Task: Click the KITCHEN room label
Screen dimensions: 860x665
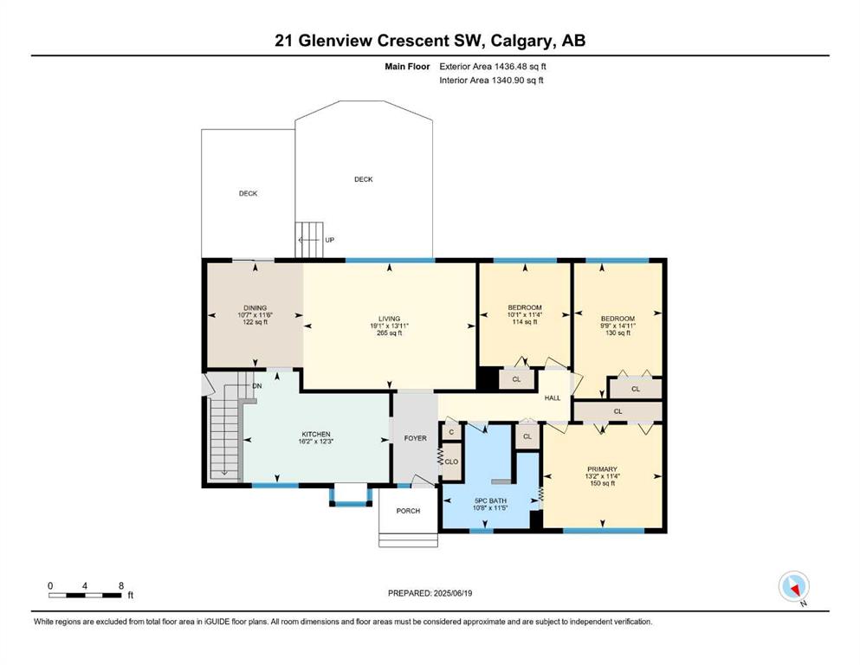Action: (x=316, y=434)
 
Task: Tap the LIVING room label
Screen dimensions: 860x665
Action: (x=390, y=319)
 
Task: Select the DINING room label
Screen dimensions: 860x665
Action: (x=255, y=308)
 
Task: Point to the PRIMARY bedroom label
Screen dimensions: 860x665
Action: (x=602, y=469)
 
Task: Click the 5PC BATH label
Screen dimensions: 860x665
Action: (x=490, y=500)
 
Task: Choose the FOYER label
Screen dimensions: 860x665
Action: (x=415, y=438)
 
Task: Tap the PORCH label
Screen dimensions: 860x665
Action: (x=408, y=510)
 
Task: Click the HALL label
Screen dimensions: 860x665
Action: (x=553, y=398)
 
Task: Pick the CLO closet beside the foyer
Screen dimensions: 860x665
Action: (x=451, y=462)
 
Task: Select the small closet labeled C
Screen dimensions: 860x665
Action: (x=451, y=432)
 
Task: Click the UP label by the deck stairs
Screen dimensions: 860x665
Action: (x=330, y=240)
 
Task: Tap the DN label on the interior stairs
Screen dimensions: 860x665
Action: (x=257, y=386)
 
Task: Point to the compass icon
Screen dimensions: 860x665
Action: (x=793, y=586)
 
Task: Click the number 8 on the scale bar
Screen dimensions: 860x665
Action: (x=121, y=585)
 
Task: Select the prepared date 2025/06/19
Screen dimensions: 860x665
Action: (x=452, y=593)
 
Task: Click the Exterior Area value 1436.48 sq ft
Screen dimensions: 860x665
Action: (x=520, y=67)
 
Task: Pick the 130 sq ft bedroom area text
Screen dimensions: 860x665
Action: (x=618, y=332)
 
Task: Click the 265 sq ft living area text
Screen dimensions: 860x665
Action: (x=390, y=332)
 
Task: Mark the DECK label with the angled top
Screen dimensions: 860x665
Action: (x=364, y=179)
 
